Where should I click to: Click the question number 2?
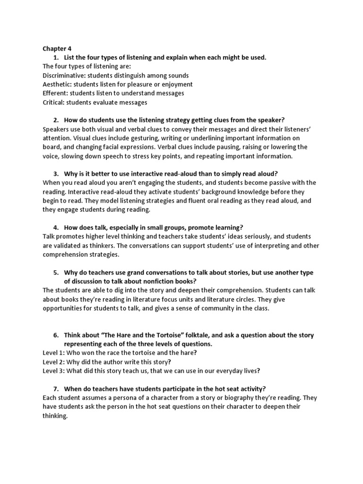coord(55,120)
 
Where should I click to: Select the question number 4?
coord(55,227)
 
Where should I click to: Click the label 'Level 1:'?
coord(53,353)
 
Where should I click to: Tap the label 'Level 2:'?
coord(53,362)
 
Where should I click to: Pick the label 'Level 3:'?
coord(53,371)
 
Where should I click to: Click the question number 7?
coord(55,389)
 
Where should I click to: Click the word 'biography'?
coord(228,398)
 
